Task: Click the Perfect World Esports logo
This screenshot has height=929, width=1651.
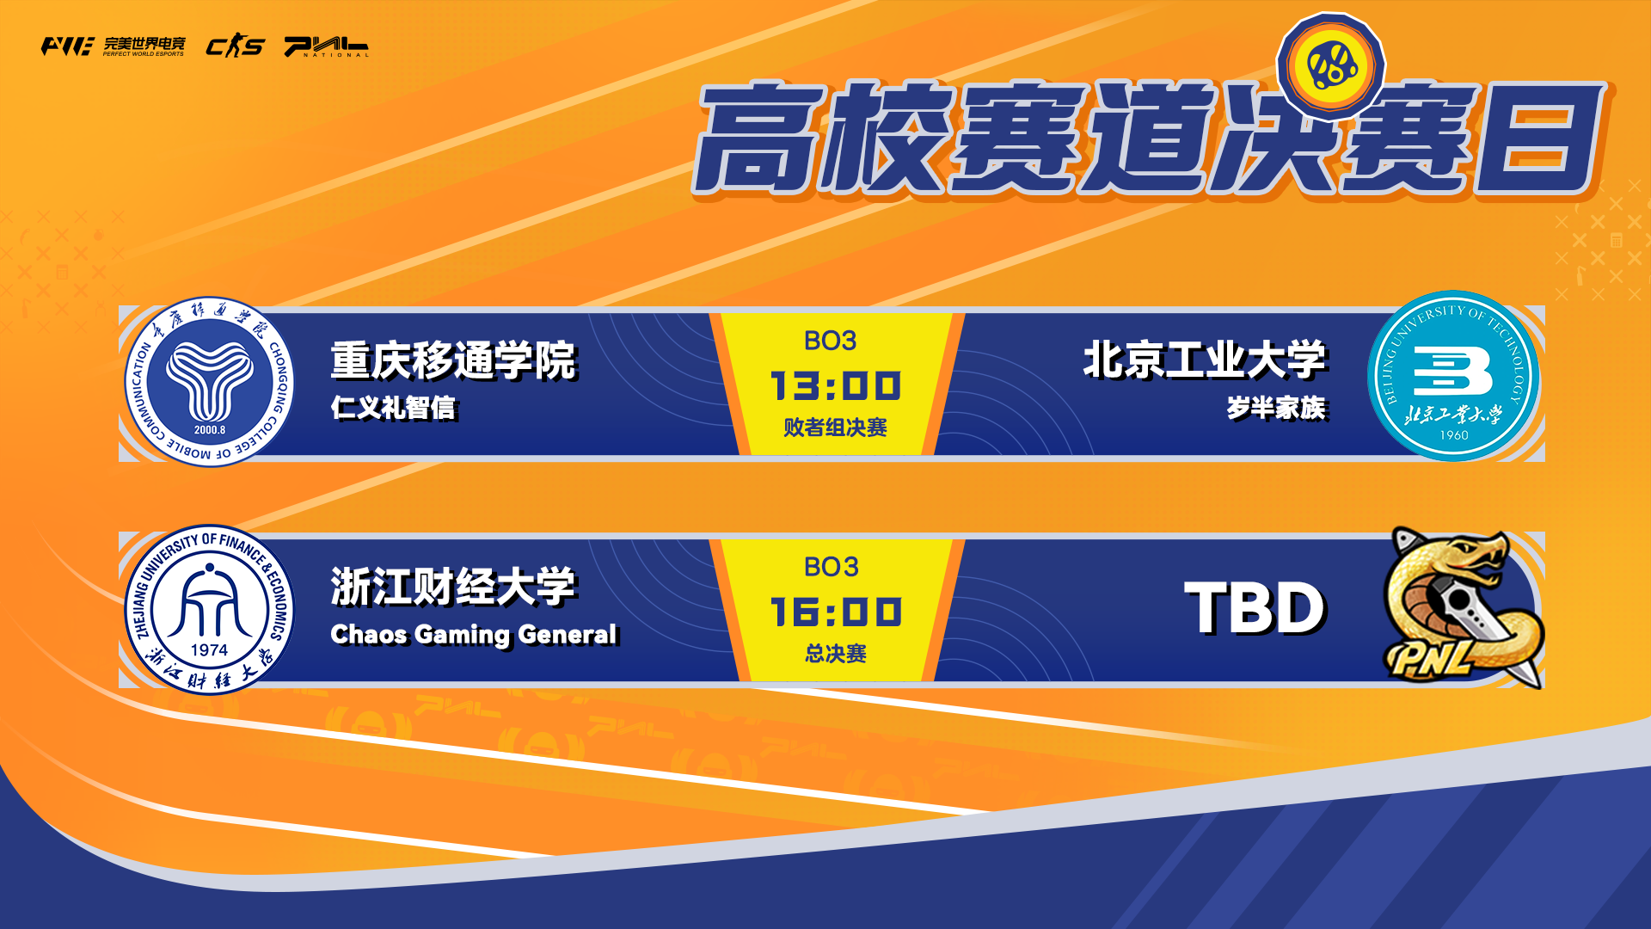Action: point(113,46)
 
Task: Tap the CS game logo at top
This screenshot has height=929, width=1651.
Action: point(235,46)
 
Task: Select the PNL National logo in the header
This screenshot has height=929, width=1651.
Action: point(327,46)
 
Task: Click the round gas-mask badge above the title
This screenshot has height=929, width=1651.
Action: point(1331,65)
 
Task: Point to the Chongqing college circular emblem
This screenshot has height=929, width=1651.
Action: point(209,382)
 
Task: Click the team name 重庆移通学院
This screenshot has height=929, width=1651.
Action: point(453,360)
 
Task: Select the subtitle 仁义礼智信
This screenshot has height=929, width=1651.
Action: point(394,408)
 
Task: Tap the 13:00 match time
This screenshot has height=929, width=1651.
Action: point(836,386)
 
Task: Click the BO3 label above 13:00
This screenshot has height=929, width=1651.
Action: point(831,341)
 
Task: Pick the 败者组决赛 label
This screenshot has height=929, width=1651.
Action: point(835,428)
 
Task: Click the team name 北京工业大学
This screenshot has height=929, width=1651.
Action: point(1206,360)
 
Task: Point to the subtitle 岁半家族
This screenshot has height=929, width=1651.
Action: point(1277,408)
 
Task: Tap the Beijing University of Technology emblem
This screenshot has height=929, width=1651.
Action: point(1453,376)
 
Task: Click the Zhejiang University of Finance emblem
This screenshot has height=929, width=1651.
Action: point(209,609)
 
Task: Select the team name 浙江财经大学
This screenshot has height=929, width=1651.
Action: point(453,588)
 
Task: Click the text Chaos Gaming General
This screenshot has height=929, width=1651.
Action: point(474,635)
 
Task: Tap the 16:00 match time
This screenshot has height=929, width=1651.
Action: point(836,612)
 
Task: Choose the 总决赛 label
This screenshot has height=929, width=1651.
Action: point(835,654)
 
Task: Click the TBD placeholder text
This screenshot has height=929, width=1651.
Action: point(1255,608)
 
